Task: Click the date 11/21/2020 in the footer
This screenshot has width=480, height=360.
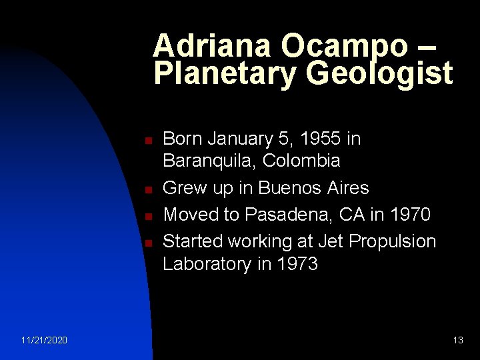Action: pos(43,341)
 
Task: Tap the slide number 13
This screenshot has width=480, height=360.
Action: pos(457,341)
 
